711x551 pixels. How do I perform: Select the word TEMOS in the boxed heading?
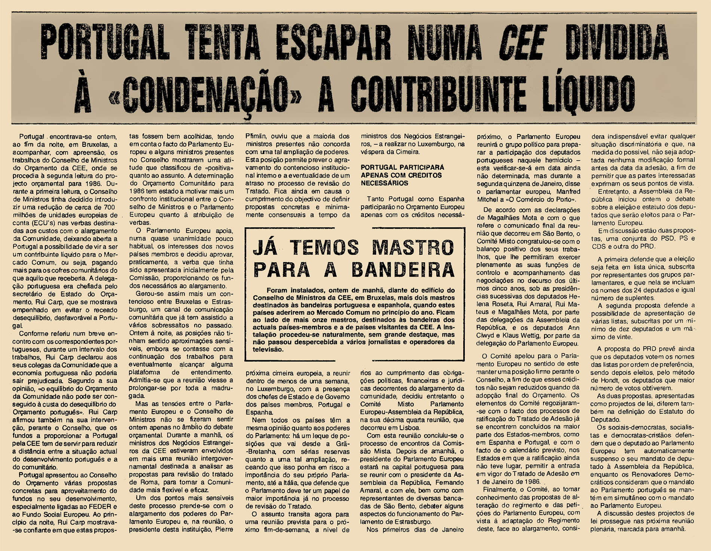click(x=324, y=248)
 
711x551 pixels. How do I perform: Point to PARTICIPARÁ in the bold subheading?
click(x=422, y=167)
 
